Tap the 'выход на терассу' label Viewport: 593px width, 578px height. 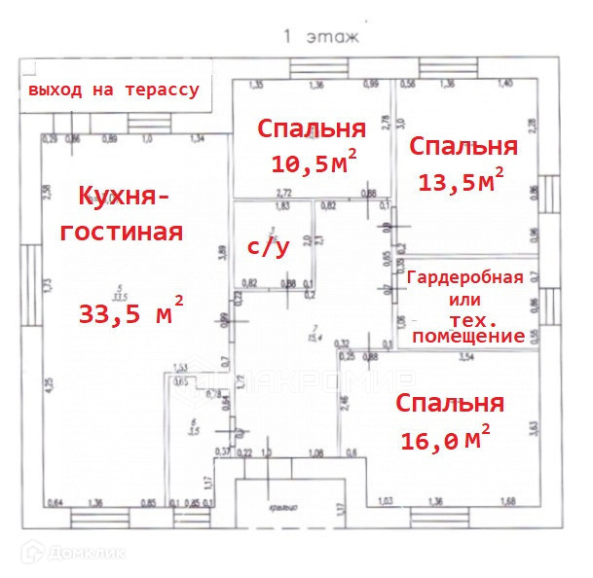point(114,90)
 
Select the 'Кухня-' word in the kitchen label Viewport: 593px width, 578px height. point(123,197)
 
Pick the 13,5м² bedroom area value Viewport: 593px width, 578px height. point(461,181)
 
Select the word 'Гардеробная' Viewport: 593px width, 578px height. point(464,277)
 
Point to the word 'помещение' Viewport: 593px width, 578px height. point(468,336)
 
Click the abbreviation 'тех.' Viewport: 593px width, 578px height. point(475,318)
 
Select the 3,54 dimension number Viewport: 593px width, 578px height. point(466,359)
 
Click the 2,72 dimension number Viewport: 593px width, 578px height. point(286,194)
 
